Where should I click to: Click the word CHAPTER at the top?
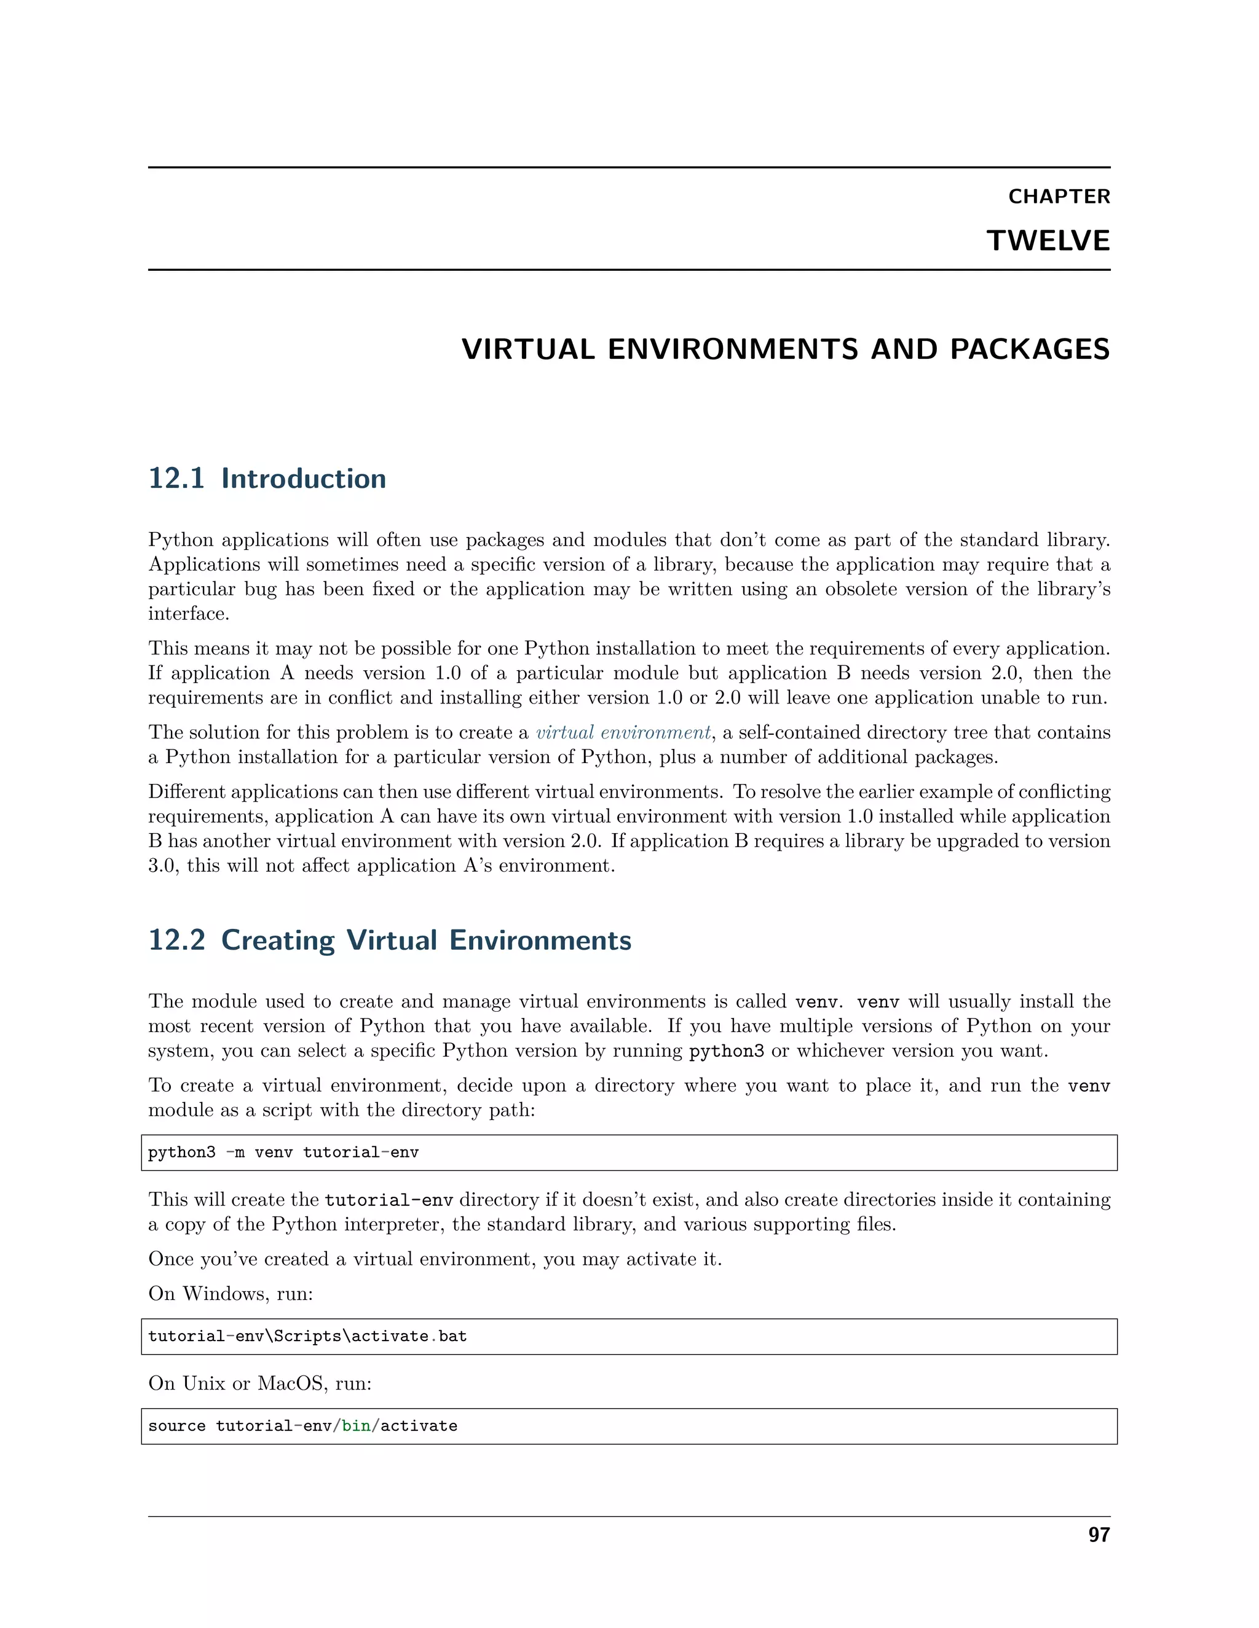(x=1059, y=196)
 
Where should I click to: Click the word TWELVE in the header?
(x=1048, y=241)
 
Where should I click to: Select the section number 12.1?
(x=176, y=479)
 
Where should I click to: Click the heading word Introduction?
(x=304, y=479)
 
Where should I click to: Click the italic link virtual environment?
(x=623, y=732)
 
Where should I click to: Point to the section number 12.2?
(x=176, y=940)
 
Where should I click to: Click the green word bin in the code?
(x=356, y=1426)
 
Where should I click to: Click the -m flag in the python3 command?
(x=235, y=1153)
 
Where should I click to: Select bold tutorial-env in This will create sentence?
(x=389, y=1200)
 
